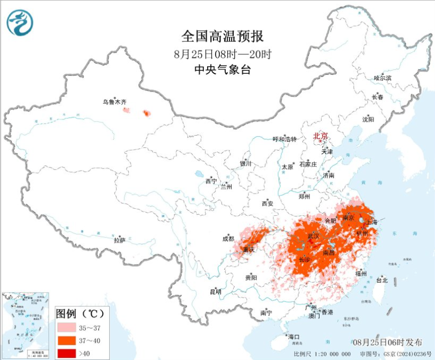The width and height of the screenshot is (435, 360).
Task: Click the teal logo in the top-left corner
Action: pos(20,23)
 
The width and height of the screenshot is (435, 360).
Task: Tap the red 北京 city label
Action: pos(321,136)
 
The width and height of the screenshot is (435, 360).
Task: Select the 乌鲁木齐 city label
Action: pos(115,102)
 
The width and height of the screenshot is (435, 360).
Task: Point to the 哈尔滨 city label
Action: pos(382,78)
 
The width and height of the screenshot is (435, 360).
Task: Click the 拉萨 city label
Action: pos(119,240)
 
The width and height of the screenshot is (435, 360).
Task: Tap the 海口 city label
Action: pos(294,337)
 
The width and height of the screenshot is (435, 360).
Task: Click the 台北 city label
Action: pos(381,279)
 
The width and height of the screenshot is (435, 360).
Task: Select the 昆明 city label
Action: pos(216,292)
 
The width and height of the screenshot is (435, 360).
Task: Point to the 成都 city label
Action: pos(228,239)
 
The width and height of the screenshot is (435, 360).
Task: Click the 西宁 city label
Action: pos(211,181)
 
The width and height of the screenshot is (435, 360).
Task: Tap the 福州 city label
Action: pos(361,274)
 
